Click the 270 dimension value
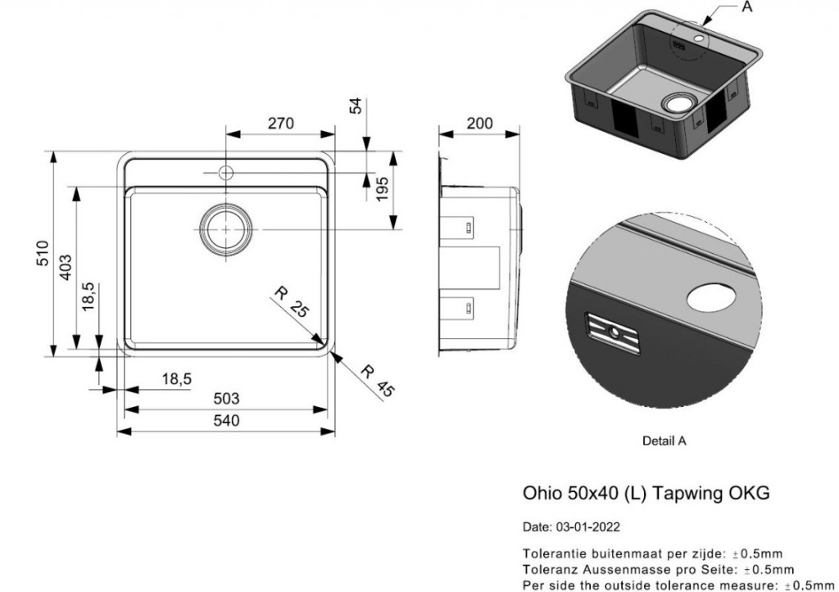pos(281,124)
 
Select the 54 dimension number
pos(356,106)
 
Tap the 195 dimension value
pos(382,189)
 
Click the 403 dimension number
pos(66,267)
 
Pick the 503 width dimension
pos(226,399)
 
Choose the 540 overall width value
pos(226,420)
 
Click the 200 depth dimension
pos(479,124)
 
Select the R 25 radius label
pos(292,302)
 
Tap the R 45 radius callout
pos(377,381)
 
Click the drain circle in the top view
pos(225,229)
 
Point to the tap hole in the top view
pos(225,172)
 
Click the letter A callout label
pos(747,7)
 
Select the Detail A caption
pos(664,441)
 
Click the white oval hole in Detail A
pos(712,297)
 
